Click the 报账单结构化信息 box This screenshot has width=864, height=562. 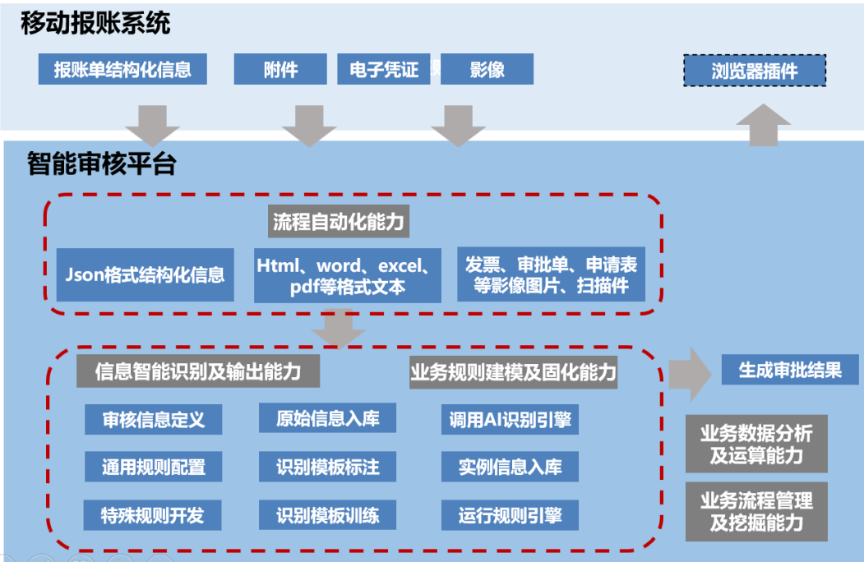[x=122, y=69]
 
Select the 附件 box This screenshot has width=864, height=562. [x=280, y=69]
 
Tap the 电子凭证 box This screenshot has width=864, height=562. [x=384, y=69]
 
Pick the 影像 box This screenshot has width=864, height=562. [x=487, y=69]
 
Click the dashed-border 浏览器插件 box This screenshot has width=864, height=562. [x=755, y=71]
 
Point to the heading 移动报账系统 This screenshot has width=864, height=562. [x=96, y=24]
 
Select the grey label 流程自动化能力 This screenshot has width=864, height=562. [x=340, y=222]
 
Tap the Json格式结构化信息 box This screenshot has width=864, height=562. [x=145, y=274]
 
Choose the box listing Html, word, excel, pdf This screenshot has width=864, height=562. [x=347, y=275]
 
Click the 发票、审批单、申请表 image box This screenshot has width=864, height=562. [x=551, y=275]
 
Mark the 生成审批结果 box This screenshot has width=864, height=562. [x=790, y=370]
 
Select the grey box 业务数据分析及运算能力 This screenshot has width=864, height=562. [x=756, y=444]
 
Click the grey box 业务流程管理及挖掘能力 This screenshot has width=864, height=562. [x=756, y=510]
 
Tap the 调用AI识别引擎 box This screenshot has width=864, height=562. [x=510, y=420]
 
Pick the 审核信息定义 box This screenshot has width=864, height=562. [x=153, y=420]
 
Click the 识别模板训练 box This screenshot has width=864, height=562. [x=328, y=516]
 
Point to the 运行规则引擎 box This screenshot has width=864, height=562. [x=510, y=516]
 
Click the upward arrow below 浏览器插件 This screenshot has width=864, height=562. [x=763, y=124]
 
